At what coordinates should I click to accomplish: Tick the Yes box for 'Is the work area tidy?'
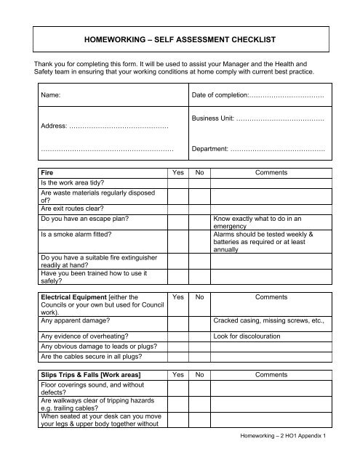click(177, 183)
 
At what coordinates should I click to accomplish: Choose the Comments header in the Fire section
click(271, 174)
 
